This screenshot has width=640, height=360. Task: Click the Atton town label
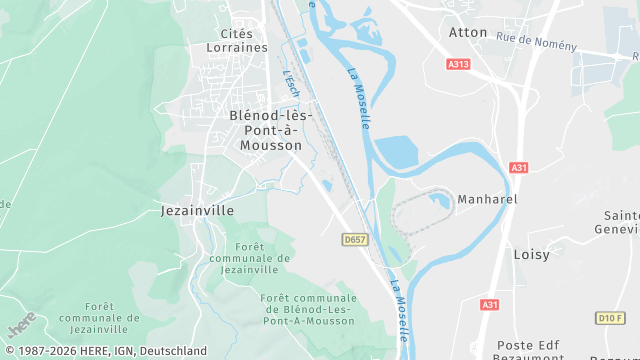468,32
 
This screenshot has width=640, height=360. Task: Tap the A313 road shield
459,64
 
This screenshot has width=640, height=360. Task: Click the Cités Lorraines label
237,40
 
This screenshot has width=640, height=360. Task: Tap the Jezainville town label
197,211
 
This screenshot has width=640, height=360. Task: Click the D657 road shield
354,240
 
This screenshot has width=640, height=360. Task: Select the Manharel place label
487,200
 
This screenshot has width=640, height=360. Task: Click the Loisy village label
531,254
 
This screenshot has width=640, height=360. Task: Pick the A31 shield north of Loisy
519,168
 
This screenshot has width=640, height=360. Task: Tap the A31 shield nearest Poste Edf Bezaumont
489,304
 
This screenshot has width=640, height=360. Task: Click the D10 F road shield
610,318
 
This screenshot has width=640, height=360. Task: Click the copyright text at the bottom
104,351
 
